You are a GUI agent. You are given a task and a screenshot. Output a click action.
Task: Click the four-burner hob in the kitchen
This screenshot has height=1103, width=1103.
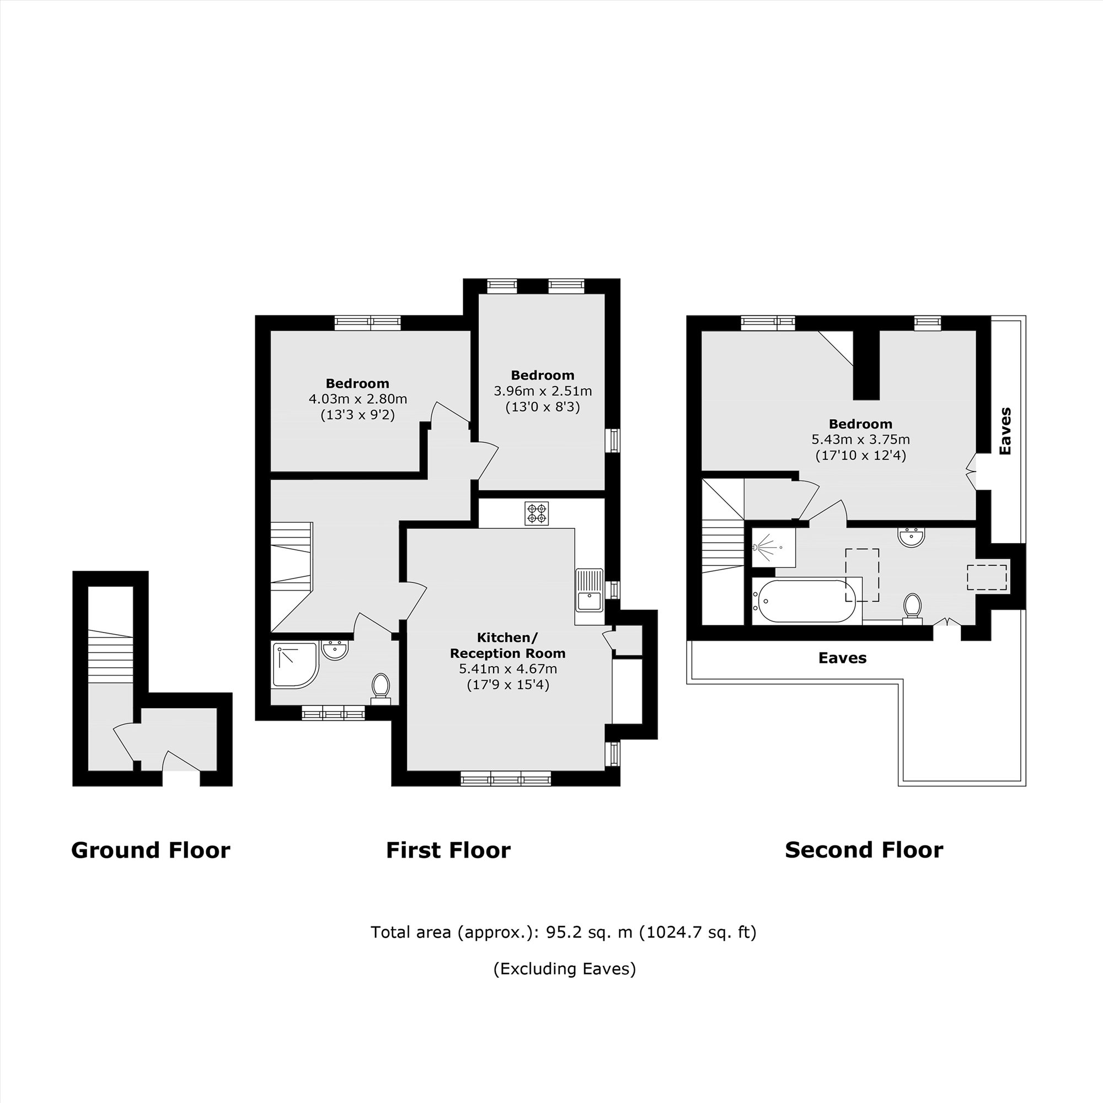(x=537, y=513)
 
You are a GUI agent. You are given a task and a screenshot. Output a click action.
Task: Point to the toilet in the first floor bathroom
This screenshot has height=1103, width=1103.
(x=381, y=686)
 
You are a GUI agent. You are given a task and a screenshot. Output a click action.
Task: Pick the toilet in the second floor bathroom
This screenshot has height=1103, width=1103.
(x=912, y=607)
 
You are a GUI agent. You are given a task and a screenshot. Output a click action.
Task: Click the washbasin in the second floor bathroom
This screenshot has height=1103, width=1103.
(x=911, y=537)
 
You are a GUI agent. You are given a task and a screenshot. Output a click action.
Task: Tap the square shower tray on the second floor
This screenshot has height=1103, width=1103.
(x=773, y=547)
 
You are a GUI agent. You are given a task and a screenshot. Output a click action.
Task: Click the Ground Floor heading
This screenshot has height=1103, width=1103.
(x=151, y=850)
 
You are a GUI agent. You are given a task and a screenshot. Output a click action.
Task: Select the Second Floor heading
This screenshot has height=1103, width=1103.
(x=864, y=850)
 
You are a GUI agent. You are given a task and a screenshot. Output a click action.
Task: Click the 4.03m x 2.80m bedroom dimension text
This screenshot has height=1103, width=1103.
(x=358, y=399)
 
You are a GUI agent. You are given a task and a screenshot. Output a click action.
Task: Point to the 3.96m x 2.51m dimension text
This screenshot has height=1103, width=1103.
(x=542, y=391)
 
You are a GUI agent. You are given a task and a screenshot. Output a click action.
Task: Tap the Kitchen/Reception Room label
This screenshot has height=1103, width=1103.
(x=507, y=645)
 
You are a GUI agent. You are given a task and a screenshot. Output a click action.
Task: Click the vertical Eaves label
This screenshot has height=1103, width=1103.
(x=1005, y=431)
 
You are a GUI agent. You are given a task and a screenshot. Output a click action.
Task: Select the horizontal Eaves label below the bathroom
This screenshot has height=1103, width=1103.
(x=842, y=658)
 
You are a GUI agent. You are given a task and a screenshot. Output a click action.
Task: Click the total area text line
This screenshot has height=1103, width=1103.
(x=564, y=932)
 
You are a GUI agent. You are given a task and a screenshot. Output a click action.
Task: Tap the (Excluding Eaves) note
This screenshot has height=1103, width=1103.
(x=564, y=969)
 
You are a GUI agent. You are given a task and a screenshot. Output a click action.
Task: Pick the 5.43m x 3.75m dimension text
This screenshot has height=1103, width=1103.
(x=860, y=440)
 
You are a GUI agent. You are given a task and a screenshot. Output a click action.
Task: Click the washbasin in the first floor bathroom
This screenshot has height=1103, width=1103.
(x=335, y=650)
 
